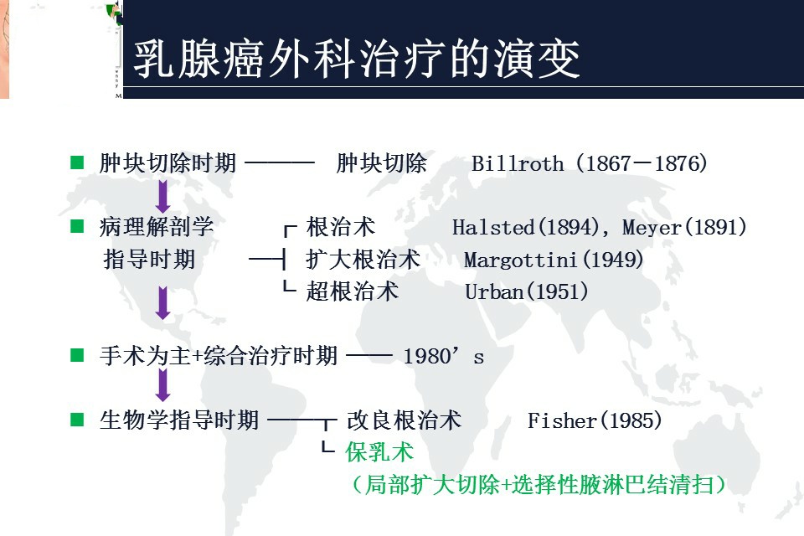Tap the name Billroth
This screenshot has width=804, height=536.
tap(518, 163)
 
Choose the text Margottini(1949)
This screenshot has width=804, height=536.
tap(554, 260)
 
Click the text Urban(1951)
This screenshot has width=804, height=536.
tap(526, 291)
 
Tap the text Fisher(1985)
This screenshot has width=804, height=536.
tap(595, 420)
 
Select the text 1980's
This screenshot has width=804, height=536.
tap(443, 356)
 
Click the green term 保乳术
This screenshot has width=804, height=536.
tap(379, 452)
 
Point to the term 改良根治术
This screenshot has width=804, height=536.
tap(404, 420)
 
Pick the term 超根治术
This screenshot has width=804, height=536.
tap(352, 291)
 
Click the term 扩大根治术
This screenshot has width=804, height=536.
tap(363, 260)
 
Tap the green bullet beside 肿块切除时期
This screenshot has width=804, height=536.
tap(78, 162)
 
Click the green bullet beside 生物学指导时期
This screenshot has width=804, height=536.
tap(78, 419)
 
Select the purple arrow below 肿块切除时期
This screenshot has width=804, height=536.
tap(163, 197)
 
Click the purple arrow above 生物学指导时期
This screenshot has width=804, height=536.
tap(163, 385)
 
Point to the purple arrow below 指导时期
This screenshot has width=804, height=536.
tap(163, 303)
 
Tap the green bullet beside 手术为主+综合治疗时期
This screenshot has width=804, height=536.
tap(78, 355)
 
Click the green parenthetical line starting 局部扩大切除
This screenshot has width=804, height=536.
tap(539, 484)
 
